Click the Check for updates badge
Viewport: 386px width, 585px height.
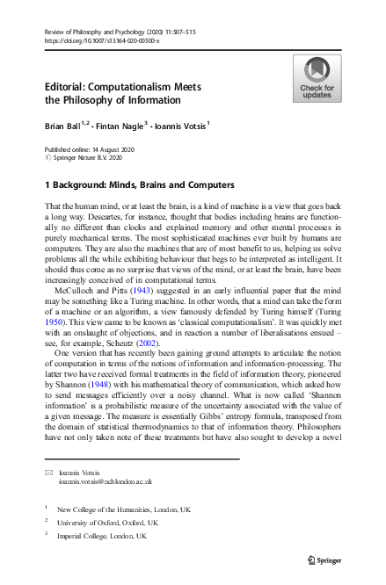(317, 78)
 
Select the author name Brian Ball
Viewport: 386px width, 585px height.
(64, 126)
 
